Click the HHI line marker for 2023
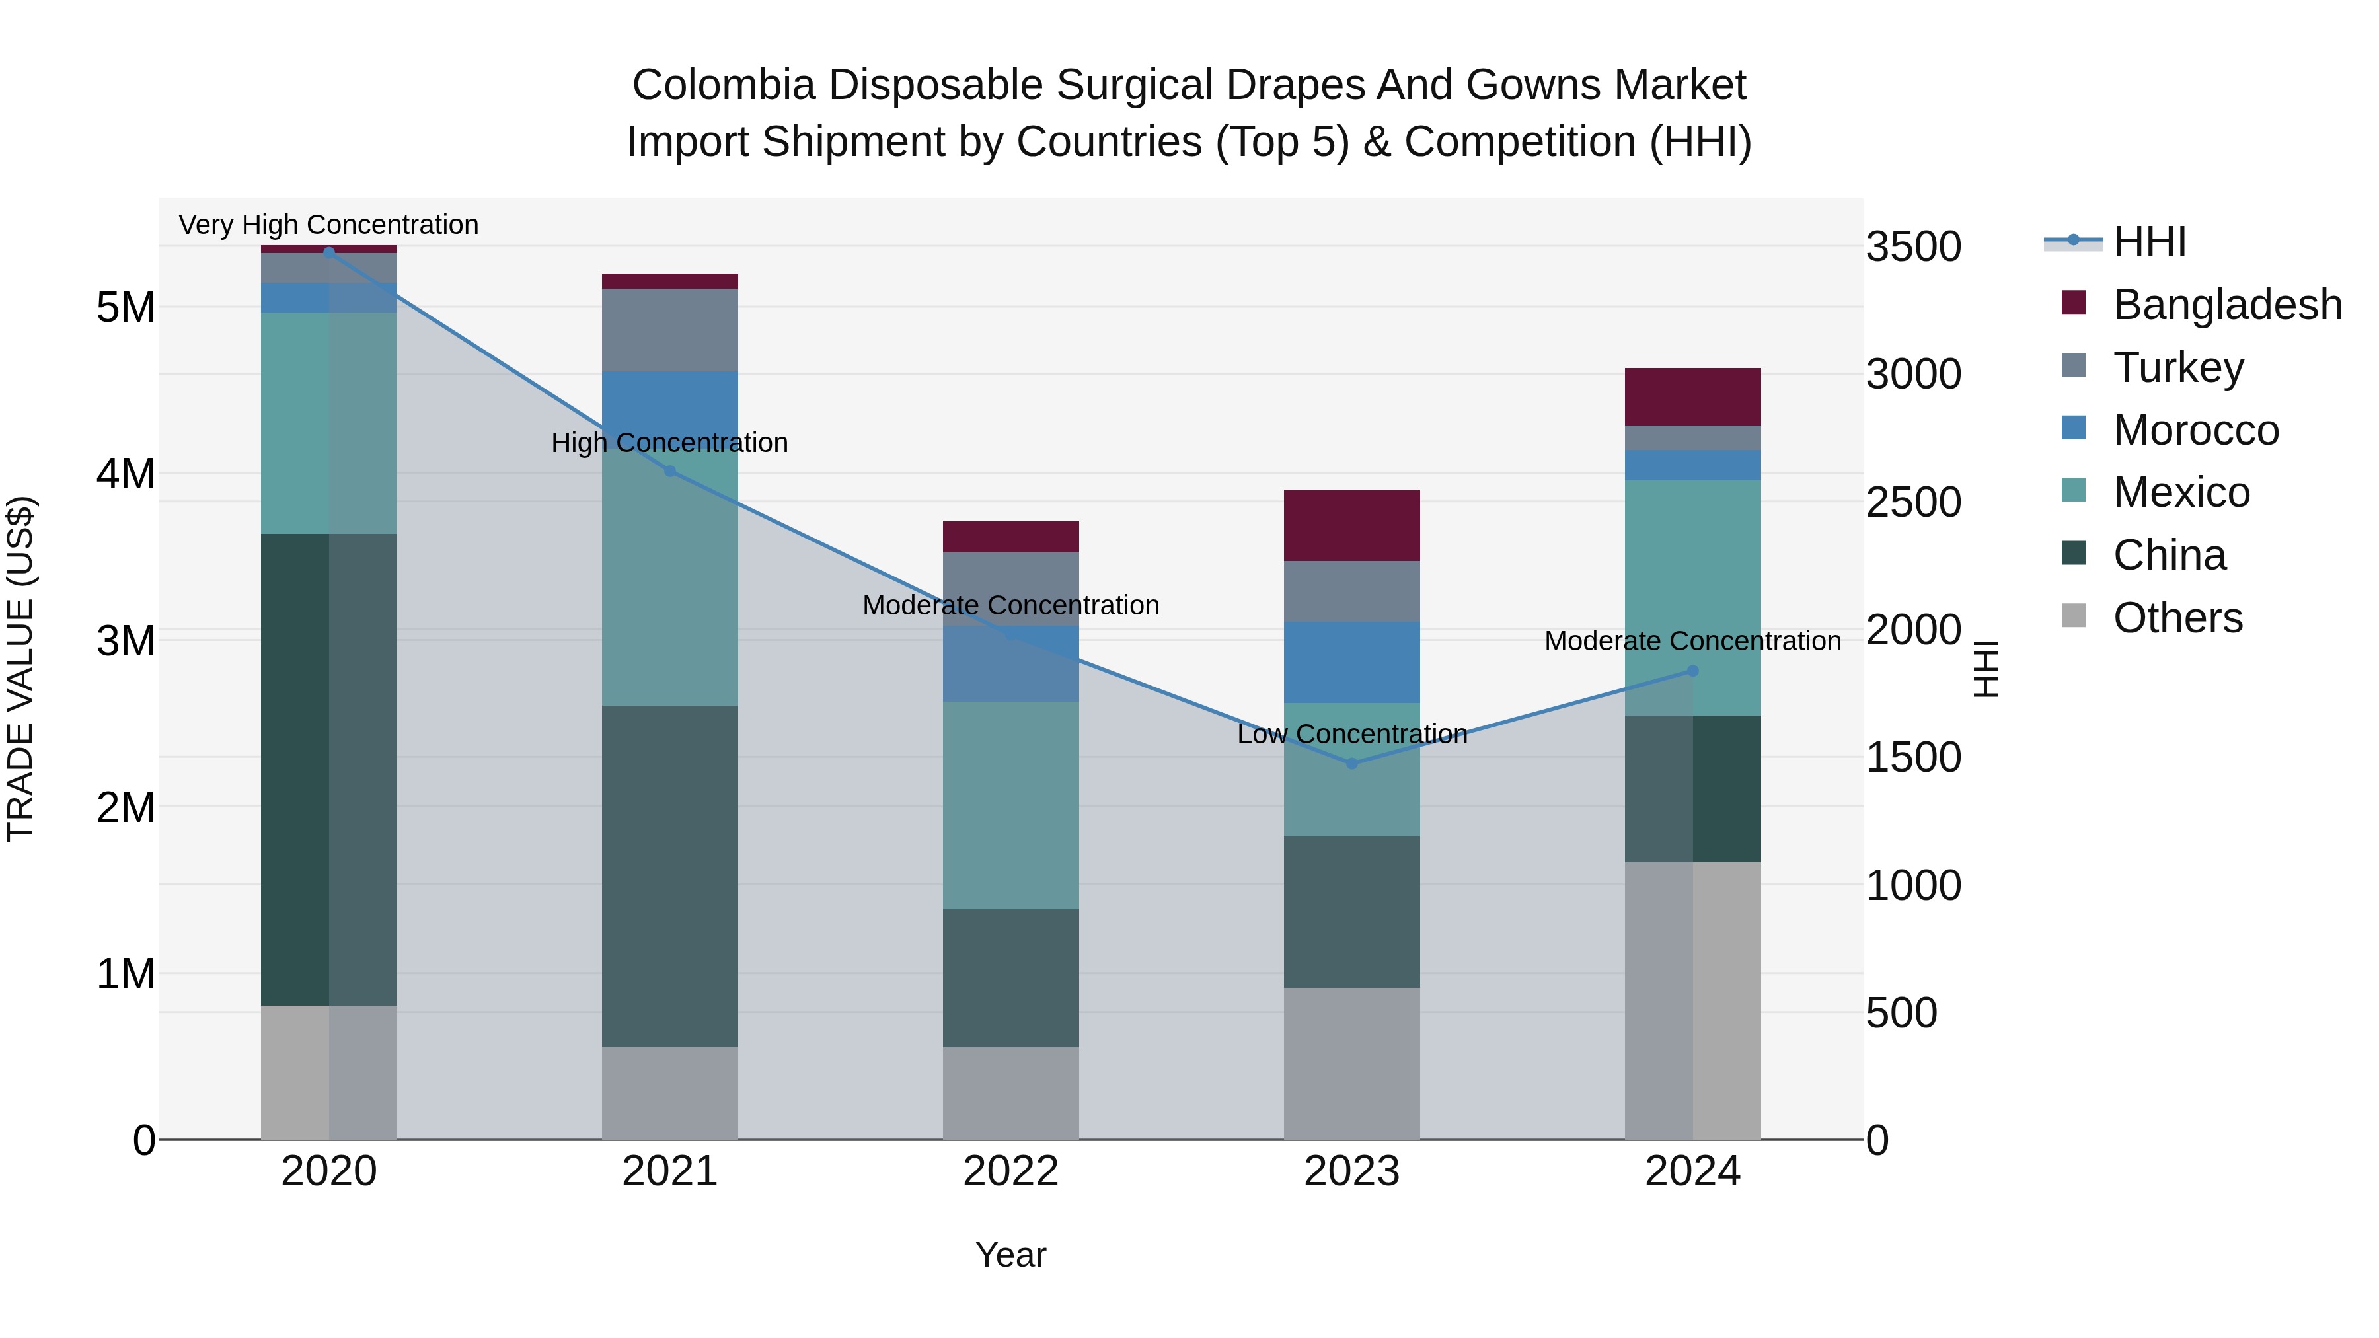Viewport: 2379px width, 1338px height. click(1351, 764)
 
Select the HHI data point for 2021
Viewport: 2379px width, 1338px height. click(671, 471)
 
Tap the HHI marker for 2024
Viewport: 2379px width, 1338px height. click(1693, 671)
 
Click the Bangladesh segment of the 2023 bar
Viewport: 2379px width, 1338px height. click(1351, 525)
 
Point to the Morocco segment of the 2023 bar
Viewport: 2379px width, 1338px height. click(1351, 662)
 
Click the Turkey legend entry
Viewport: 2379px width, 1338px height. click(2177, 367)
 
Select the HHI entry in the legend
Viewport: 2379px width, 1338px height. click(2148, 242)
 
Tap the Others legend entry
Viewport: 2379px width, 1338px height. click(2177, 618)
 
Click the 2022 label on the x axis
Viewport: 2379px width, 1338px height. click(1010, 1171)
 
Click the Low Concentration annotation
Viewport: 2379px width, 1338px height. click(1351, 735)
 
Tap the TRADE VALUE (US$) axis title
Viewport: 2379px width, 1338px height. click(20, 669)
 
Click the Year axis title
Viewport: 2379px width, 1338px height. click(1010, 1255)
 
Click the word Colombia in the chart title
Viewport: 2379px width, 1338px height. click(723, 85)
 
